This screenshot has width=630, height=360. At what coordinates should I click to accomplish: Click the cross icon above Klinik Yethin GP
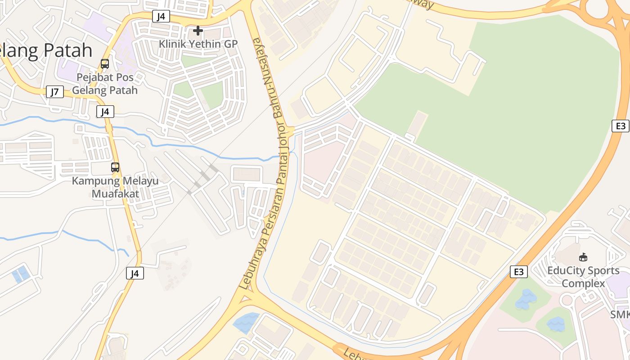pyautogui.click(x=198, y=31)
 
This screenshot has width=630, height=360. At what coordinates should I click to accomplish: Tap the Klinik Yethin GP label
pyautogui.click(x=198, y=44)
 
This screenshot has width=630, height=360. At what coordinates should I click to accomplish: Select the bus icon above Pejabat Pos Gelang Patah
pyautogui.click(x=105, y=64)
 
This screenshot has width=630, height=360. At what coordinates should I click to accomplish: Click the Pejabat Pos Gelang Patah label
pyautogui.click(x=105, y=84)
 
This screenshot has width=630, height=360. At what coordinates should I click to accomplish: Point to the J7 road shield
pyautogui.click(x=54, y=92)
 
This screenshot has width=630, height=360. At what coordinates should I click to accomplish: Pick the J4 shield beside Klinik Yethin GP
pyautogui.click(x=161, y=17)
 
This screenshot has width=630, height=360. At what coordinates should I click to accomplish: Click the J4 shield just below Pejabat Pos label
pyautogui.click(x=105, y=112)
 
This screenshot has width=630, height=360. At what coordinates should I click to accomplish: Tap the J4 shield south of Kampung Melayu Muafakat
pyautogui.click(x=135, y=273)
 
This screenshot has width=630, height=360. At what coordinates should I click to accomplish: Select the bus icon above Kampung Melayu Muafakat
pyautogui.click(x=115, y=167)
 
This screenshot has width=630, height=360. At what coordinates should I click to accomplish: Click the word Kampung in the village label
pyautogui.click(x=93, y=181)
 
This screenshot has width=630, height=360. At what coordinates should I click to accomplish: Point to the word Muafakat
pyautogui.click(x=116, y=194)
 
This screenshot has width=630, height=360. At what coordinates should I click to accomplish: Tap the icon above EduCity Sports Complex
pyautogui.click(x=583, y=257)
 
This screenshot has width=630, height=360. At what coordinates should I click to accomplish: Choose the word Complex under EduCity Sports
pyautogui.click(x=583, y=283)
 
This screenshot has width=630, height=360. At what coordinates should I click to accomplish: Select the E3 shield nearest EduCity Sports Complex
pyautogui.click(x=518, y=272)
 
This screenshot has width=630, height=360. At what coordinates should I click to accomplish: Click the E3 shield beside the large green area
pyautogui.click(x=621, y=126)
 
